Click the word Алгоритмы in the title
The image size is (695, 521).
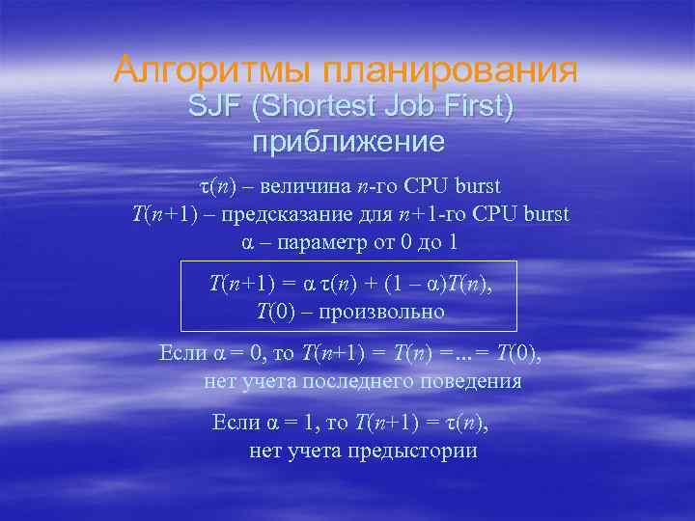click(x=210, y=69)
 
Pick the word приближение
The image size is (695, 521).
click(x=347, y=143)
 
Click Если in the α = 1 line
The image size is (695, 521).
click(x=233, y=423)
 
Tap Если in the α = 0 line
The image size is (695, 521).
click(x=181, y=353)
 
